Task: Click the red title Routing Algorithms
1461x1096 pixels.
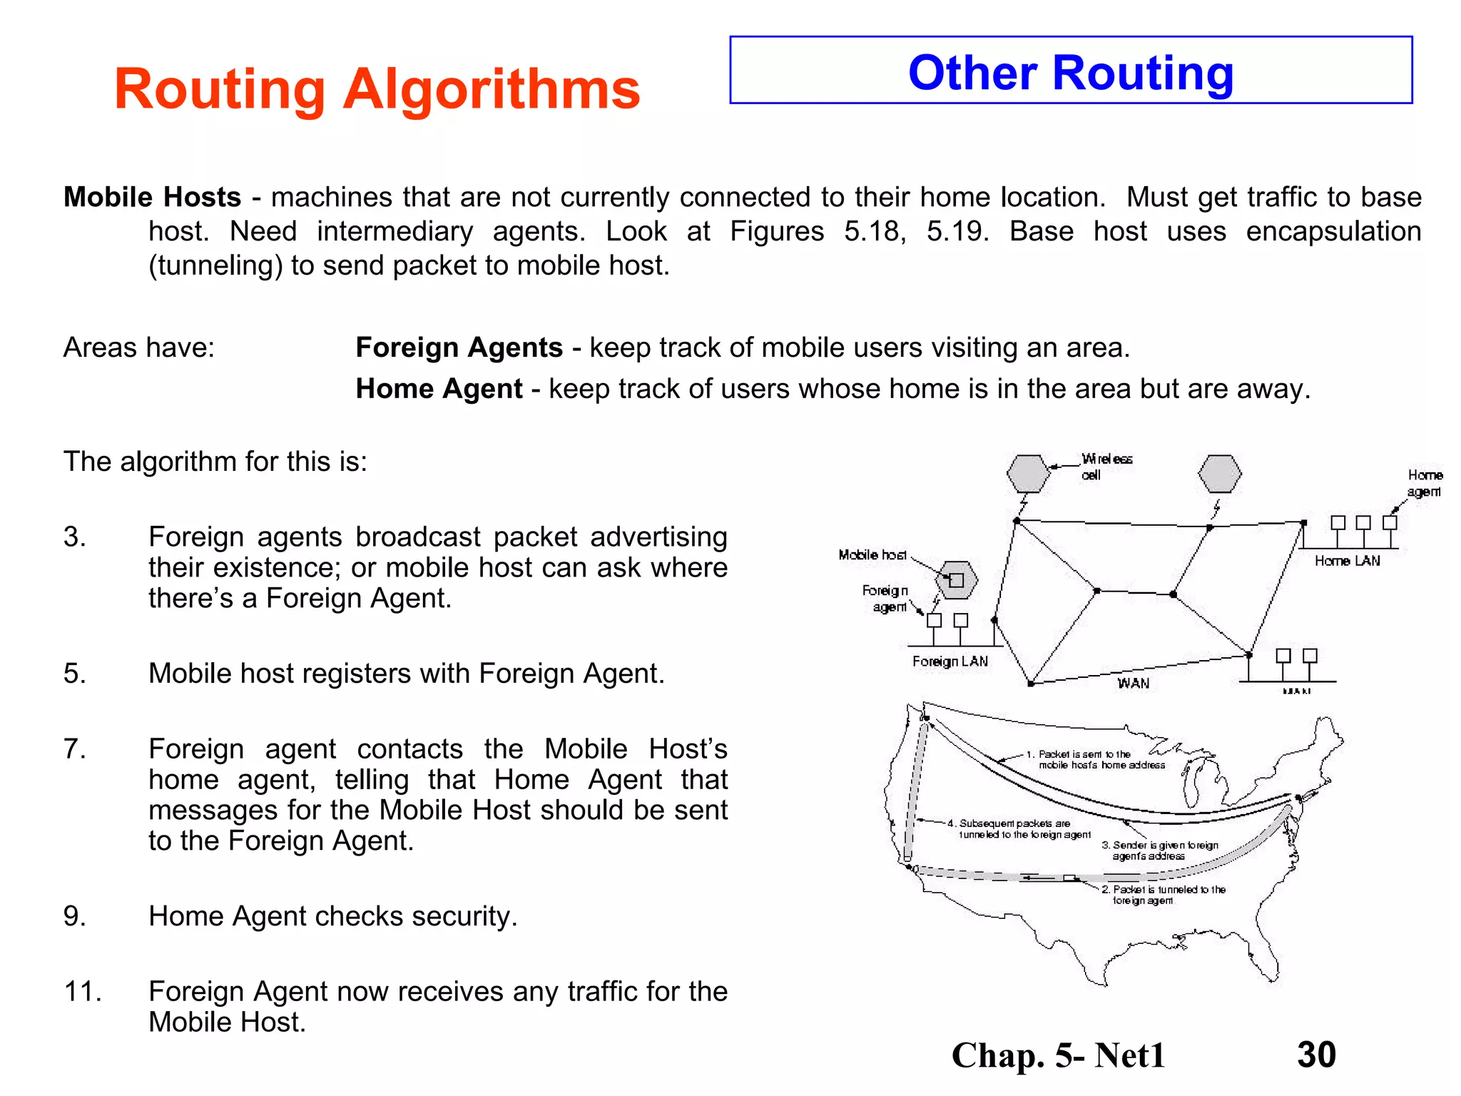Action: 377,89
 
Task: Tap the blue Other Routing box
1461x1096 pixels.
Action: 1070,71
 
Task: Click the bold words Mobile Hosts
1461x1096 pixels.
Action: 152,197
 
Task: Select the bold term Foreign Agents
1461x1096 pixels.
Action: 459,347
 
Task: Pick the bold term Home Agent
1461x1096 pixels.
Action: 439,389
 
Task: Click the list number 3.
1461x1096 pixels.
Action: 74,537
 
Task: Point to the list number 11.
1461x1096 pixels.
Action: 82,991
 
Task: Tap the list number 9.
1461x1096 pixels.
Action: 74,916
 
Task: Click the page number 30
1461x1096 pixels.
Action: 1316,1055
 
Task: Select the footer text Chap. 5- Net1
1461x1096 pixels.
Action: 1058,1055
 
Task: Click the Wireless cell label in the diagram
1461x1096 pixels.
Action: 1106,467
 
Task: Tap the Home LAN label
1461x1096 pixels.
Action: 1347,561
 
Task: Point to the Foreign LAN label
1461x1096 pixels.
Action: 950,661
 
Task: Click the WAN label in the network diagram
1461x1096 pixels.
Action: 1133,683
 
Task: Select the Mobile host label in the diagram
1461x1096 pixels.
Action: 872,554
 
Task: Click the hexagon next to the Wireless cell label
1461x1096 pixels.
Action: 1028,473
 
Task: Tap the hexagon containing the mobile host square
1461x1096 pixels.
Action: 956,579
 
